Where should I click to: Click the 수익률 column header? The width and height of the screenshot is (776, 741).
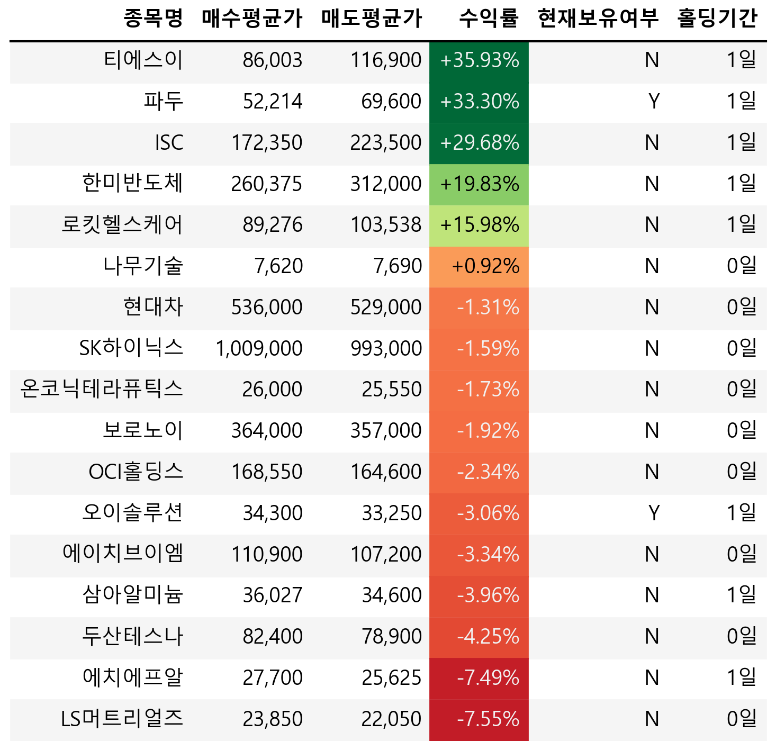click(x=488, y=19)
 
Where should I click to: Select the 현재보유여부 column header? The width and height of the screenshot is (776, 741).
click(x=598, y=19)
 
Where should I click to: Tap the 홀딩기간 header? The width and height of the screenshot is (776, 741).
click(x=717, y=19)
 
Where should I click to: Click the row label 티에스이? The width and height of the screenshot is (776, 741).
click(x=143, y=60)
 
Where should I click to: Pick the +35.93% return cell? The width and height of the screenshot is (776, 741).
click(x=479, y=60)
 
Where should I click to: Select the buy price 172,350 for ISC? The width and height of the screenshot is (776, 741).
click(x=267, y=142)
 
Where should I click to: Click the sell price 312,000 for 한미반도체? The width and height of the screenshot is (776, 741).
click(x=386, y=184)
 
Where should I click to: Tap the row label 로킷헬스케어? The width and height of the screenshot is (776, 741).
click(x=122, y=224)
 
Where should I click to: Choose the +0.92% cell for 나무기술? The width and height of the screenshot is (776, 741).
click(x=485, y=266)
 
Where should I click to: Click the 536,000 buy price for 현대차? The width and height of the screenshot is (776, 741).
click(x=267, y=307)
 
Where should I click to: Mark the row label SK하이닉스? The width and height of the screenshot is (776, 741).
click(x=131, y=348)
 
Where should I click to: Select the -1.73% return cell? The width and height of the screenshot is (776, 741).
click(x=488, y=390)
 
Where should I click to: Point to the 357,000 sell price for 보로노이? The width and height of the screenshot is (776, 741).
click(x=386, y=431)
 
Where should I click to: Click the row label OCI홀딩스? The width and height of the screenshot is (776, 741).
click(x=136, y=472)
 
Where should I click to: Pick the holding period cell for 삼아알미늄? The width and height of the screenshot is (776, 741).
click(x=741, y=595)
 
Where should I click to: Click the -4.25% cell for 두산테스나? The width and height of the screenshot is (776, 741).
click(x=488, y=636)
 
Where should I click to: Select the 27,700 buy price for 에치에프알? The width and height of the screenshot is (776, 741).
click(x=273, y=677)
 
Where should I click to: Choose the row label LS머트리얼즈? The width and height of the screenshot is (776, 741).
click(x=122, y=719)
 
